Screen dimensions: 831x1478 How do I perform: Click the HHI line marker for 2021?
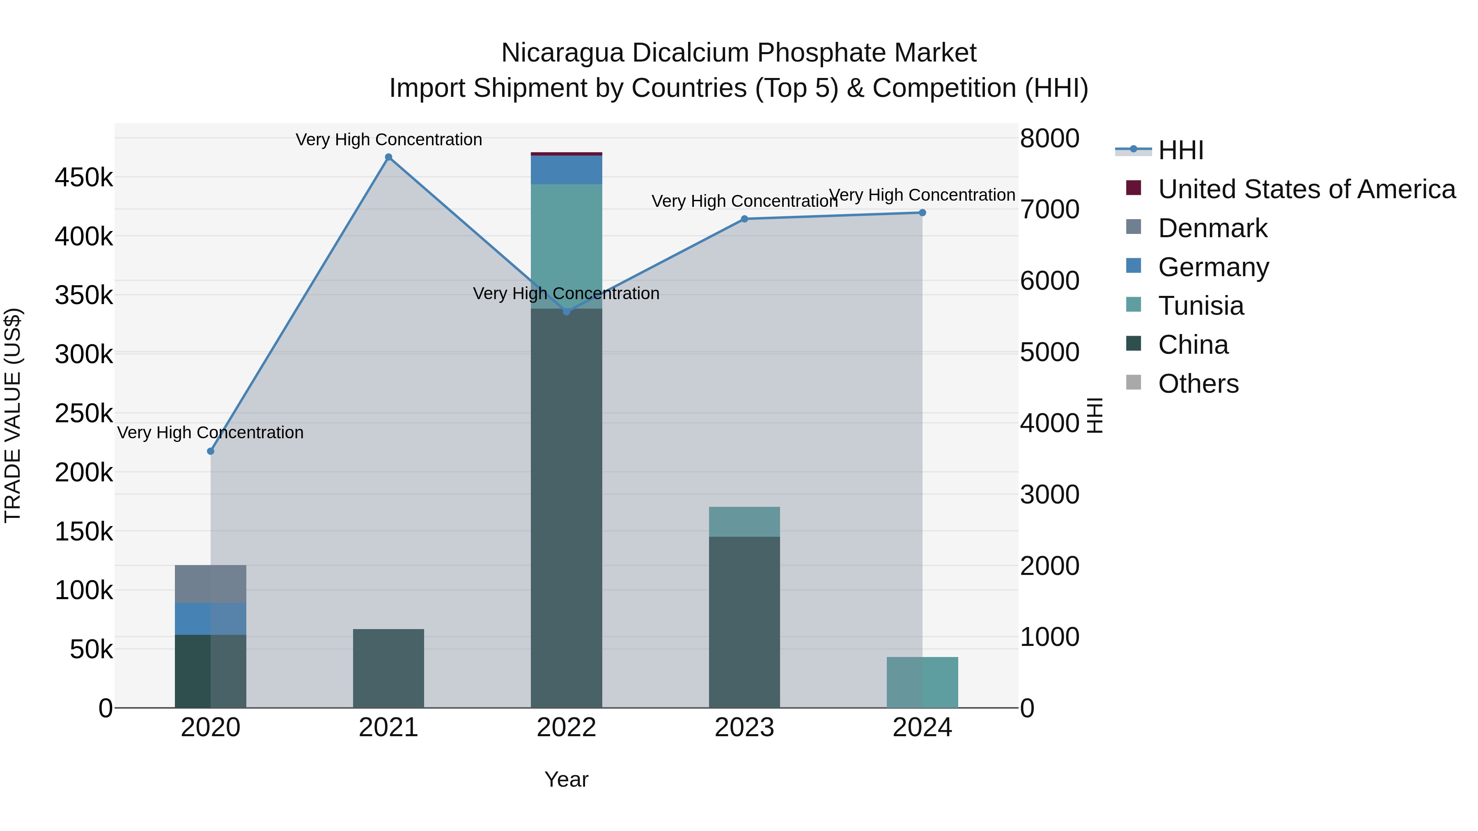388,157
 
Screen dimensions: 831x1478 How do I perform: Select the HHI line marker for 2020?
211,451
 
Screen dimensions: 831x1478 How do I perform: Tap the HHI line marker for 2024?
922,213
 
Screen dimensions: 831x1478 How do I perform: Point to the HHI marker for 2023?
744,219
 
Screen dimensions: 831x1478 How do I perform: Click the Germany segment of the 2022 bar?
566,170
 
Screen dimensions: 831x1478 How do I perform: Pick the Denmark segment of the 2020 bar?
211,584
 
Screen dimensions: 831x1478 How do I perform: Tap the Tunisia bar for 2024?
922,682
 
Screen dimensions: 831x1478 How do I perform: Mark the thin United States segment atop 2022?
566,154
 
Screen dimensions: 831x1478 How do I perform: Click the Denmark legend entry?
1212,228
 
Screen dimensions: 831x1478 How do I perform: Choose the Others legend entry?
1198,384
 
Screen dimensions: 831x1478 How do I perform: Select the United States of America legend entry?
1306,189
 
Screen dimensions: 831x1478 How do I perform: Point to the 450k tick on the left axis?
84,178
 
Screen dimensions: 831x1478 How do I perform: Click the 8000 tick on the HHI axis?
1049,138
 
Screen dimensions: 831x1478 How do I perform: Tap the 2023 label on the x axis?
744,728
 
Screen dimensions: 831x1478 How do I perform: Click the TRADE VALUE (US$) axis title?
13,415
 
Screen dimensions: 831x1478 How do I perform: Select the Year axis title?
566,779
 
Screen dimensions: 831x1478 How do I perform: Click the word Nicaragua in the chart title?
562,53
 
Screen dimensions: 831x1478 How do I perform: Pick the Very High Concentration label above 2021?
388,140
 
